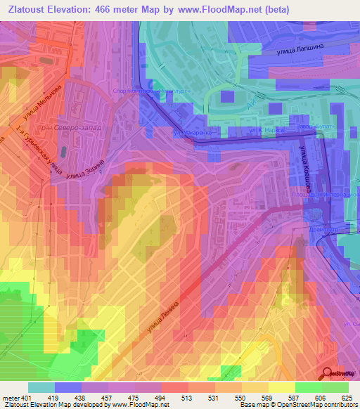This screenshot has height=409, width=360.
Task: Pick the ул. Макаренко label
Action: tap(191, 131)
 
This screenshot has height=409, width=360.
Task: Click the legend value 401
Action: tap(25, 398)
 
